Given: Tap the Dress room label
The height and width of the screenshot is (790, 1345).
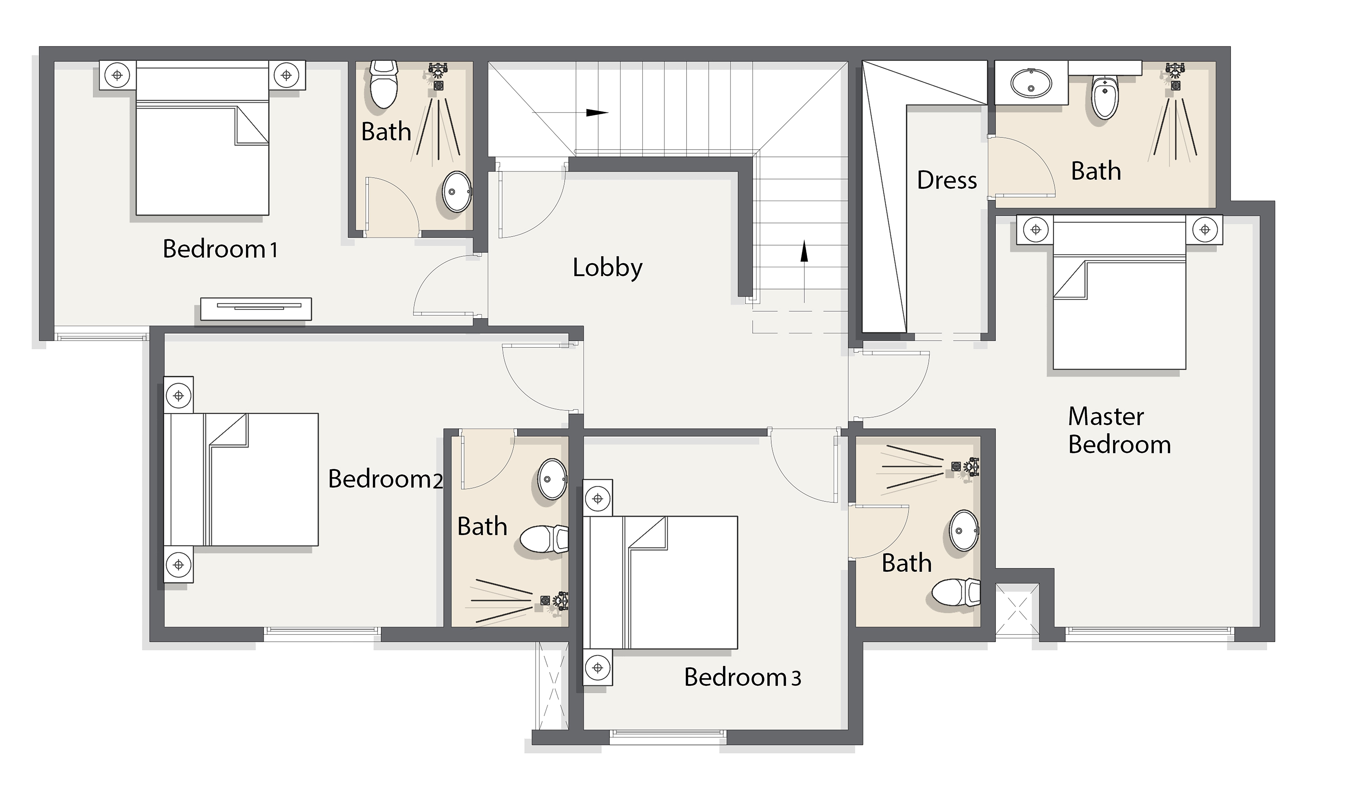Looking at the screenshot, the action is [947, 180].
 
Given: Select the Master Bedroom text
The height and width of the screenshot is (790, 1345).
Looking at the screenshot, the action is [1119, 431].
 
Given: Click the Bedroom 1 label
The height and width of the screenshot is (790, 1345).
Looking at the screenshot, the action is [220, 249].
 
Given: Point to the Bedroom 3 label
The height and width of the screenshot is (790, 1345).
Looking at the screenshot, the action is [742, 677].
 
